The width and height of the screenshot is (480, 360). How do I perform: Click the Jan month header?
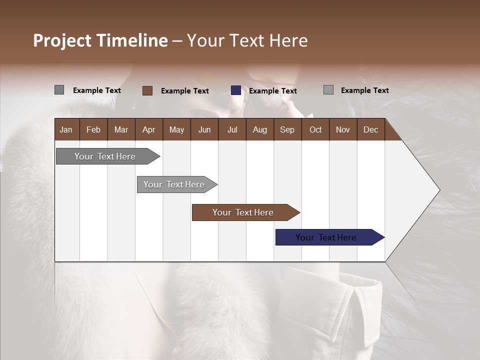point(66,129)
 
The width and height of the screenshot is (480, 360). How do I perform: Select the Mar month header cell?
point(121,129)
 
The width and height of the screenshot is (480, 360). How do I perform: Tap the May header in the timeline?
point(176,129)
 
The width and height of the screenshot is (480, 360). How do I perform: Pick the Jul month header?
point(232,129)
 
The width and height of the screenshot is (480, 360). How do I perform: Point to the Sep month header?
point(287,129)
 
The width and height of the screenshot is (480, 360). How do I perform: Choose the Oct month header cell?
point(315,129)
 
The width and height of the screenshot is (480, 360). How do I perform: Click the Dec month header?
point(370,129)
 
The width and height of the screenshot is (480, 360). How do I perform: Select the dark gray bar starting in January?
point(105,156)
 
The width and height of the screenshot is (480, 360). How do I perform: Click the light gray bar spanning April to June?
point(174,184)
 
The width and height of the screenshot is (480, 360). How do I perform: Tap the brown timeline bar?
point(243,212)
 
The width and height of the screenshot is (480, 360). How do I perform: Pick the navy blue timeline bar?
point(326,237)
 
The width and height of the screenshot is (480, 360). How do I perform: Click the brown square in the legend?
point(147,90)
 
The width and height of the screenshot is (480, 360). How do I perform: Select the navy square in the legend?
point(236,90)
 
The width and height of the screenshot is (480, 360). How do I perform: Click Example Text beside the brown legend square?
point(185,91)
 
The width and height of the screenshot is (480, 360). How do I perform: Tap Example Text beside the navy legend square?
point(273,91)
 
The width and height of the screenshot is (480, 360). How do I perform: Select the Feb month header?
point(93,129)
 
